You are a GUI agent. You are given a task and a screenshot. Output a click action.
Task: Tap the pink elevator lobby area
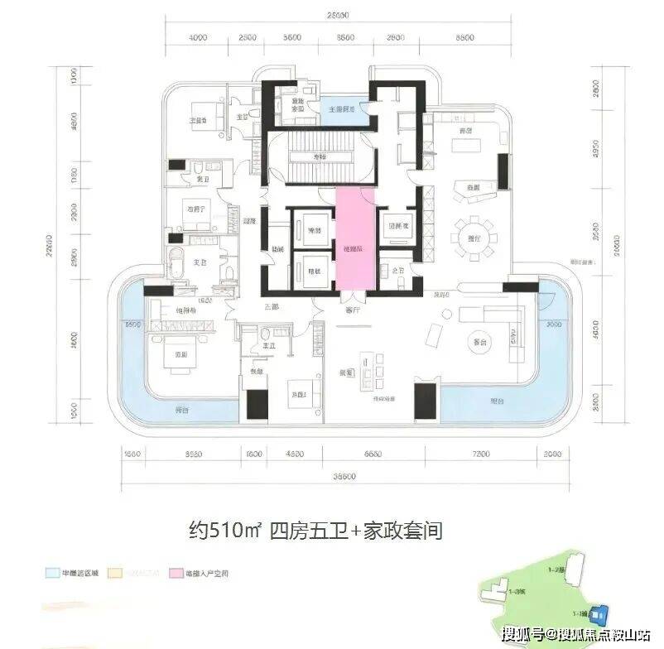coord(354,241)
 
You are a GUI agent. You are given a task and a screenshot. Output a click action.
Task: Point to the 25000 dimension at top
coord(334,14)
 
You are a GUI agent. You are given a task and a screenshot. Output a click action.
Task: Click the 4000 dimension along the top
coord(197,38)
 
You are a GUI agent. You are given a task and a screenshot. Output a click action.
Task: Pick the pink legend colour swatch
coord(176,573)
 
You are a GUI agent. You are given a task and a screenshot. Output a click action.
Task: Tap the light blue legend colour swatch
coord(51,573)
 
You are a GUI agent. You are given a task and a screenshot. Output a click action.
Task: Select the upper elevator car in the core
coord(314,228)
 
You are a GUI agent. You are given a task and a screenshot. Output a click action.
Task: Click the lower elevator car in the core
coord(314,270)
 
